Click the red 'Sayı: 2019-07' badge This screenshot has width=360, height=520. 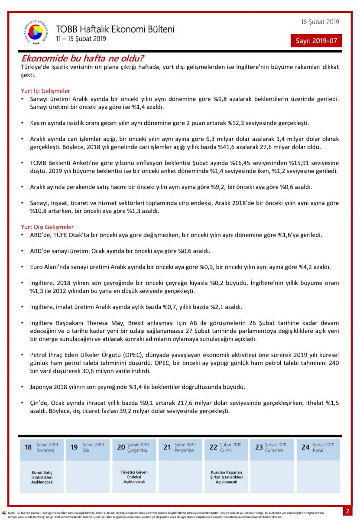coord(316,41)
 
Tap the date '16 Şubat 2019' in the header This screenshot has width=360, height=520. coord(320,22)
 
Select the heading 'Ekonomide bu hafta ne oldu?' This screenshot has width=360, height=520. coord(83,58)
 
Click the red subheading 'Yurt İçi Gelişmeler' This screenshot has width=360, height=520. coord(45,91)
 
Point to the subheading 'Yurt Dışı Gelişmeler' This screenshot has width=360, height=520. coord(47,227)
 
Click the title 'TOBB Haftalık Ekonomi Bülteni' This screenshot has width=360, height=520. coord(115,29)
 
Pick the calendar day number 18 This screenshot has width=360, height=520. coord(28,447)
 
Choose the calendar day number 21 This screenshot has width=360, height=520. coord(167,447)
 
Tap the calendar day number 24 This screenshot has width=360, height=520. coord(305,447)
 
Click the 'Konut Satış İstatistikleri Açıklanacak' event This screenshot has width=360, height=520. coord(42,477)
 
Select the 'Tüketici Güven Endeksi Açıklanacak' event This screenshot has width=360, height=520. coord(134,477)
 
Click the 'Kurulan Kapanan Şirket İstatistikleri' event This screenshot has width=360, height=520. coord(227,477)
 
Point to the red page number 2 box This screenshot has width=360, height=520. coord(347,511)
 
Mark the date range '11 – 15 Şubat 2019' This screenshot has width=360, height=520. coord(81,39)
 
